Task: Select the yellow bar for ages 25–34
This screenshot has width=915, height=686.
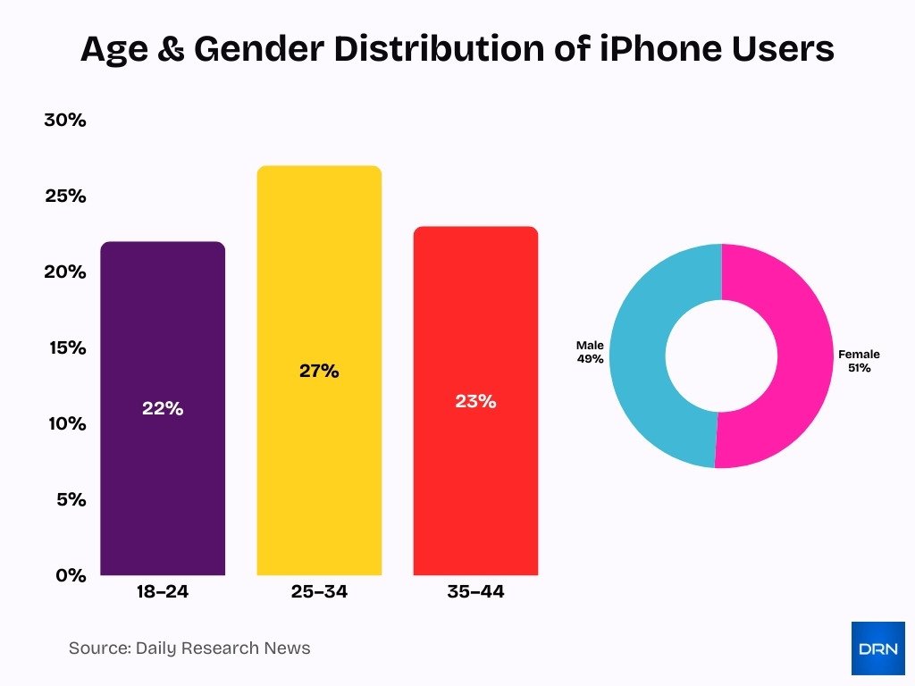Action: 319,464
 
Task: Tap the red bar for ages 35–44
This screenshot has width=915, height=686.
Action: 475,482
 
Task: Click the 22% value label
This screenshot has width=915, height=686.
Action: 163,409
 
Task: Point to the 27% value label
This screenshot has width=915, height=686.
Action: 319,372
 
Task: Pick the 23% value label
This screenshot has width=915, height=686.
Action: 475,402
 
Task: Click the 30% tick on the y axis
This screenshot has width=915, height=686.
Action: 65,121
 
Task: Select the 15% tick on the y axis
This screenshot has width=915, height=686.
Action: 65,347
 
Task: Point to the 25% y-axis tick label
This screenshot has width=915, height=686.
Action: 65,196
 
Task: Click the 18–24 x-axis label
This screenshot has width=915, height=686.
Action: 163,591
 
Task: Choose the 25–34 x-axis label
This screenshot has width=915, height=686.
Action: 319,591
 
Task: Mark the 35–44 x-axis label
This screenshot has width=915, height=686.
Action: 475,591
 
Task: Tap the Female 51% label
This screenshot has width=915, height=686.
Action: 859,361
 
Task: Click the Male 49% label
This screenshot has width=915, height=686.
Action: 590,352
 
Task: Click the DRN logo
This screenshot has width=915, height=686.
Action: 877,648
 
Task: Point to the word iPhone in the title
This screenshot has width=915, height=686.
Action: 634,49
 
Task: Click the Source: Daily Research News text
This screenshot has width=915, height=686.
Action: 189,648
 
